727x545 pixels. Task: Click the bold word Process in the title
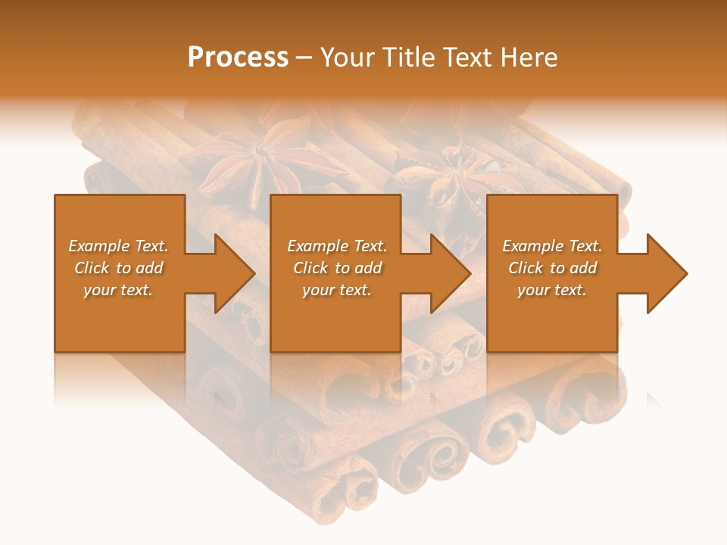tap(238, 58)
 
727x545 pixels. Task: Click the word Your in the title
tap(349, 58)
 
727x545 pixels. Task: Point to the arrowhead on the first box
tap(227, 273)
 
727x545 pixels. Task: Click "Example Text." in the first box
tap(118, 246)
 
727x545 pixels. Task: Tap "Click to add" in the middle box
tap(337, 268)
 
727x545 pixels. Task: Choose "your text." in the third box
tap(552, 290)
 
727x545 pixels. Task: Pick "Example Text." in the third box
tap(552, 246)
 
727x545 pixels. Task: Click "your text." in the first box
tap(118, 290)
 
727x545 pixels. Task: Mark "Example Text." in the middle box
tap(337, 246)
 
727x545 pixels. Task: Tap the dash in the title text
tap(304, 58)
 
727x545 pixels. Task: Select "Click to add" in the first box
tap(118, 268)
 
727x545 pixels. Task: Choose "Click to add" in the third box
tap(552, 268)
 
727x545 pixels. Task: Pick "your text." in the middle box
tap(337, 290)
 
